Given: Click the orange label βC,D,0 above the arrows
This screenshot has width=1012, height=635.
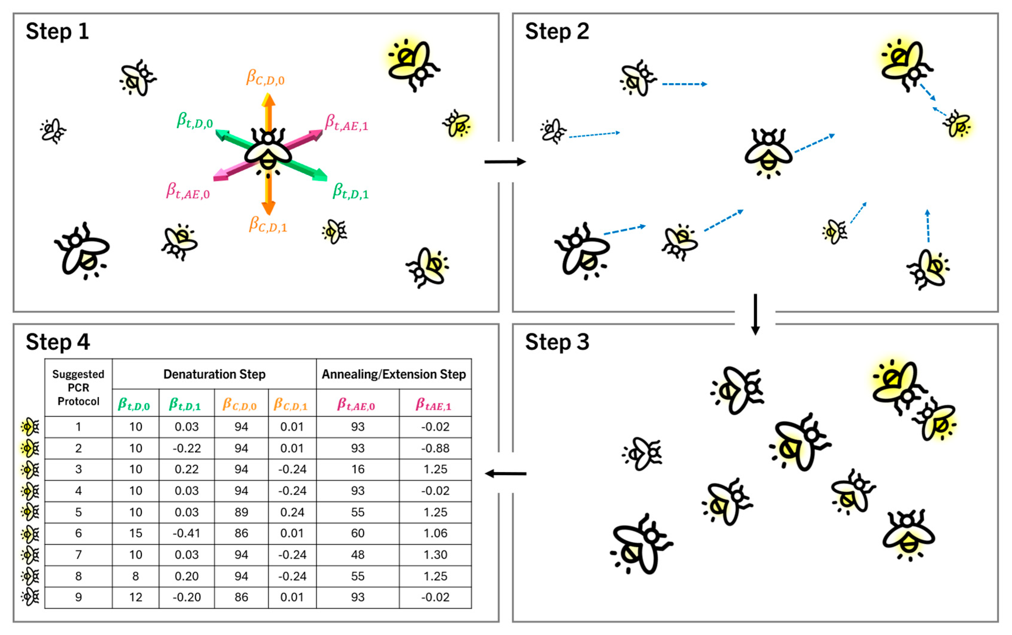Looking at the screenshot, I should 265,78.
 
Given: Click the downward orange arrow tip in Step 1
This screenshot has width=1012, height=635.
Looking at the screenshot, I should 268,209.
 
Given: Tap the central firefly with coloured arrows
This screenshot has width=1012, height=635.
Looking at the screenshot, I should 268,151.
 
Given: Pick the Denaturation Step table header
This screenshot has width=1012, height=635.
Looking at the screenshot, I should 214,374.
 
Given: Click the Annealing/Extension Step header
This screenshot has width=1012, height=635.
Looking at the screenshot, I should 394,374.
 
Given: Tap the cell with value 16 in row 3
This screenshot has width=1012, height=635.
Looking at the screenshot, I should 358,469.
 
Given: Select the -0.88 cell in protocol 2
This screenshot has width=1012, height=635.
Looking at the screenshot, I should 435,448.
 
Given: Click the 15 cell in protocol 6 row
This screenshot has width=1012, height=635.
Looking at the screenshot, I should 135,533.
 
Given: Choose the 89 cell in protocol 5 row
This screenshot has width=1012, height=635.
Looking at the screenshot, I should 241,512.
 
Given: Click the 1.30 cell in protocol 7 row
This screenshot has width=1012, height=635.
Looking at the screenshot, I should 435,554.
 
